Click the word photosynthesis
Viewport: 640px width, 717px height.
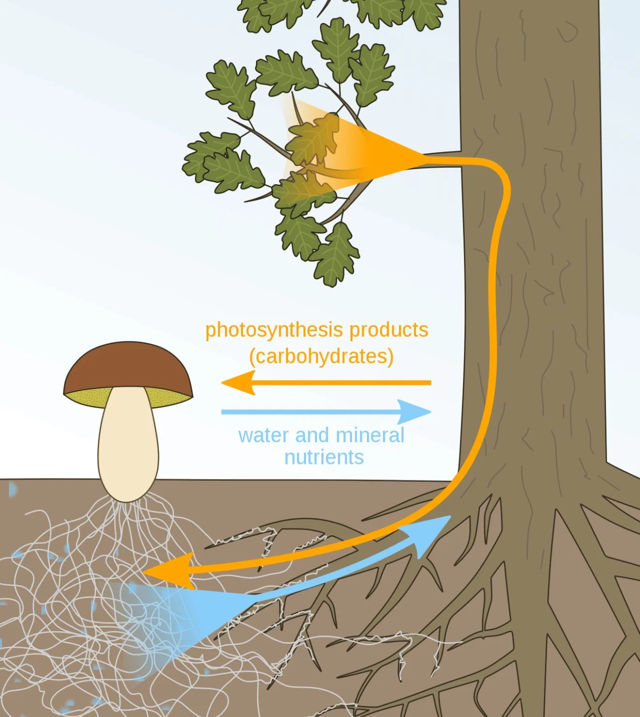click(275, 331)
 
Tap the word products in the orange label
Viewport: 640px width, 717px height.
click(389, 330)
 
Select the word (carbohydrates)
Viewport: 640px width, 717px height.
click(321, 356)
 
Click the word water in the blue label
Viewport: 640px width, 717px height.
click(263, 435)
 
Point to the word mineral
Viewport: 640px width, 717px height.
click(369, 435)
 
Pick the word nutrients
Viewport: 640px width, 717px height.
click(324, 457)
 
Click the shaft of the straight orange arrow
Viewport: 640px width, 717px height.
click(339, 383)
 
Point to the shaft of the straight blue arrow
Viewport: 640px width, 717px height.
click(310, 412)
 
